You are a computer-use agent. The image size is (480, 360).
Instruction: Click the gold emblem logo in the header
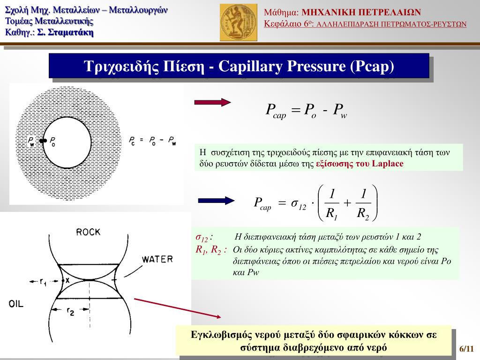pyautogui.click(x=239, y=22)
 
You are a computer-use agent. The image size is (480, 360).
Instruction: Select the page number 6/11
pyautogui.click(x=467, y=349)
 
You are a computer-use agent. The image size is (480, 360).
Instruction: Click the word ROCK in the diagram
pyautogui.click(x=88, y=232)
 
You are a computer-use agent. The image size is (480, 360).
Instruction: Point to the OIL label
pyautogui.click(x=16, y=304)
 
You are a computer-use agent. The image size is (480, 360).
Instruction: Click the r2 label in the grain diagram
pyautogui.click(x=70, y=310)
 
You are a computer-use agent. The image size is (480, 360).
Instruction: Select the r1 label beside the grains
pyautogui.click(x=43, y=281)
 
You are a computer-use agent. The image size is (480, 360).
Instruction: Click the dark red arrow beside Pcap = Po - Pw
pyautogui.click(x=212, y=103)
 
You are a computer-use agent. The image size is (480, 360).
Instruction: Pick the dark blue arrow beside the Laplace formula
pyautogui.click(x=216, y=201)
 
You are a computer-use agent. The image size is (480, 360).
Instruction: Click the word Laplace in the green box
pyautogui.click(x=388, y=164)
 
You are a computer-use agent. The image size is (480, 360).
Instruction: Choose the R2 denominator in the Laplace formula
pyautogui.click(x=363, y=214)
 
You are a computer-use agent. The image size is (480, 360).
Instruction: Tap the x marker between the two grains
pyautogui.click(x=67, y=280)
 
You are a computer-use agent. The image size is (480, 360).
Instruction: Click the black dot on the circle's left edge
pyautogui.click(x=43, y=140)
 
